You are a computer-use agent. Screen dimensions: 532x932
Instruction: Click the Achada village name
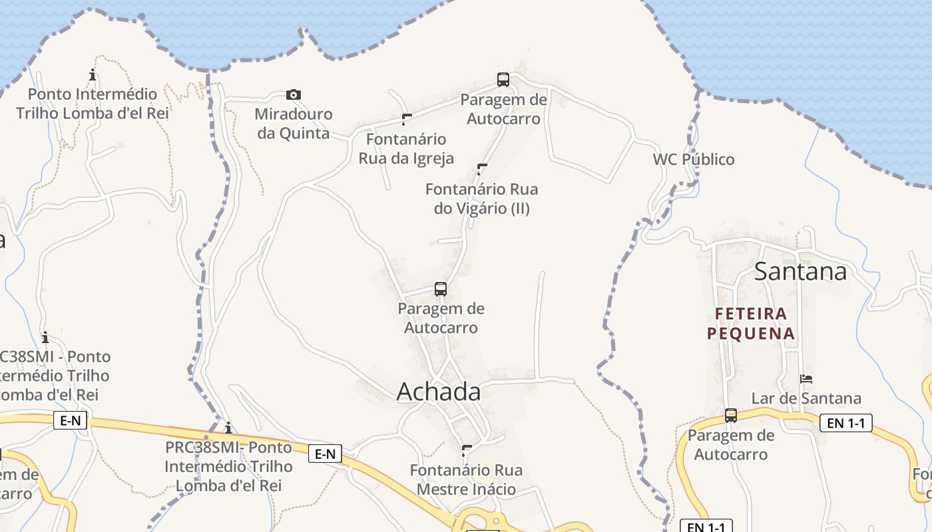point(439,392)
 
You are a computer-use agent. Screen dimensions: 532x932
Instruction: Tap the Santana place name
point(800,271)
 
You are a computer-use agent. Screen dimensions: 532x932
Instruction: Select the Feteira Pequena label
point(751,323)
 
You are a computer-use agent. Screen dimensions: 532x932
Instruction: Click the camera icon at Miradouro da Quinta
point(293,94)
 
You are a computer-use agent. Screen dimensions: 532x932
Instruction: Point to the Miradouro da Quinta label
point(293,124)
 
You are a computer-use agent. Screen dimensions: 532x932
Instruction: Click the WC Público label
point(694,160)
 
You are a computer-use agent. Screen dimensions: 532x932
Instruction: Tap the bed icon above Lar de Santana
point(806,379)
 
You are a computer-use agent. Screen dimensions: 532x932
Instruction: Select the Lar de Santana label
point(806,398)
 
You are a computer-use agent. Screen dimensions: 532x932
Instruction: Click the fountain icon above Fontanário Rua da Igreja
point(407,120)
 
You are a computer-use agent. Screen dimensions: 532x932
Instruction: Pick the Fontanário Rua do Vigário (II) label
point(482,199)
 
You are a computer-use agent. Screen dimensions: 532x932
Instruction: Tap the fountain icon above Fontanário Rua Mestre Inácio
point(467,451)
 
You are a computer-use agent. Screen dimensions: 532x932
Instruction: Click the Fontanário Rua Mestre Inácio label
point(466,480)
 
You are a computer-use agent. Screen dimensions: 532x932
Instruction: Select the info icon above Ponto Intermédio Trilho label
point(93,74)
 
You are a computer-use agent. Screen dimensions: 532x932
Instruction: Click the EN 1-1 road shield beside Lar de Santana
point(845,422)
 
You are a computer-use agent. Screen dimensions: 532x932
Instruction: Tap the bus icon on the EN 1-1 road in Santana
point(731,416)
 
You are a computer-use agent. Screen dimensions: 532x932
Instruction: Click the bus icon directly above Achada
point(441,289)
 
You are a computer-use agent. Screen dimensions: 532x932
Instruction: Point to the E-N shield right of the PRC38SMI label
point(325,454)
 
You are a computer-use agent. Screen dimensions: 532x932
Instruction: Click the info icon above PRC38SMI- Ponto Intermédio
point(228,428)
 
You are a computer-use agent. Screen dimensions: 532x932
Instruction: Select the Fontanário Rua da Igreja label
point(406,149)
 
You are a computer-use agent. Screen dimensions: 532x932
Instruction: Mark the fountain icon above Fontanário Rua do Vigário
point(482,169)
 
